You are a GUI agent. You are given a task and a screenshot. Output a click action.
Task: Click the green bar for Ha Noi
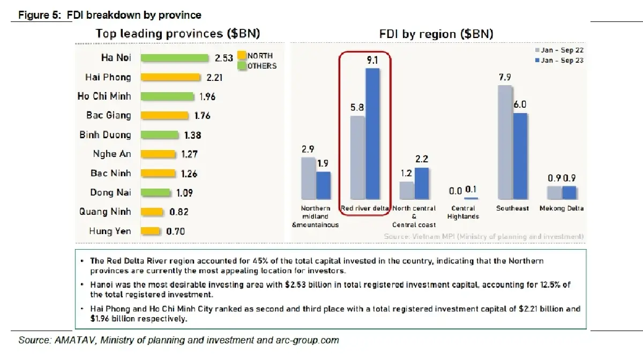point(175,58)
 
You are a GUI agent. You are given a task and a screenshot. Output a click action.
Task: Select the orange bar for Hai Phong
point(170,77)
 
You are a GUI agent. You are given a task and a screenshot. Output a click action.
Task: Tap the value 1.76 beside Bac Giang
point(203,116)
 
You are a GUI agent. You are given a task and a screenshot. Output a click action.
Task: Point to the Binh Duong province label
point(105,135)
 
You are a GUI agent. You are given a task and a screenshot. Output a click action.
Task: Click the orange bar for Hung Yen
point(151,231)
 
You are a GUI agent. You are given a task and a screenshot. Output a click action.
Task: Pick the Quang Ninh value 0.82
point(179,212)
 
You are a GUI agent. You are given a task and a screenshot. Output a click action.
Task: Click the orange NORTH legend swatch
point(242,55)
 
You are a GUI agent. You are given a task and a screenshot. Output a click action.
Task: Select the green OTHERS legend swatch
point(242,66)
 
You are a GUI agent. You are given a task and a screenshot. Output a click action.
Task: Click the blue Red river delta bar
point(372,134)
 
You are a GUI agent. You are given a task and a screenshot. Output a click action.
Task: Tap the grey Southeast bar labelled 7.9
point(505,142)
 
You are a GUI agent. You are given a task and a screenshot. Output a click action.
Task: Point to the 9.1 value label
point(372,61)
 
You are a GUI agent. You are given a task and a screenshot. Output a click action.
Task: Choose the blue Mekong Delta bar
point(569,193)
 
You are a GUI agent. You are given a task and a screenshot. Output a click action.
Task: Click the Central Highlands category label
point(463,212)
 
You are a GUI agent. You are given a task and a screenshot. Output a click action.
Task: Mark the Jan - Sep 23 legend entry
point(559,61)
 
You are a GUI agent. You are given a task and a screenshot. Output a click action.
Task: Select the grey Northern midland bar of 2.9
point(308,178)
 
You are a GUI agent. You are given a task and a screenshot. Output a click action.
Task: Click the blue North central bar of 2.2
point(422,183)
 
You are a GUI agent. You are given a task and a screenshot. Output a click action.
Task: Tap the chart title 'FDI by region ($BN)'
point(436,34)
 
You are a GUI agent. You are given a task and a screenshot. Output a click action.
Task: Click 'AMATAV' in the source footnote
point(74,340)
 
